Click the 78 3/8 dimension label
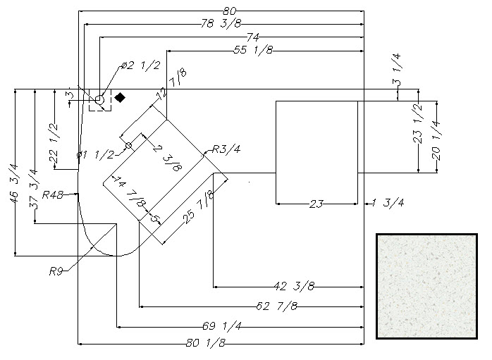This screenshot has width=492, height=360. (221, 23)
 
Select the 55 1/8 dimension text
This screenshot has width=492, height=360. (253, 50)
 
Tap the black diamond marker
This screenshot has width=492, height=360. (120, 97)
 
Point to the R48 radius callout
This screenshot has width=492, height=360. (53, 195)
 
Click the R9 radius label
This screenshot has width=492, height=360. (56, 271)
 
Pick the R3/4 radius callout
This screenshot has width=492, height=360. (226, 149)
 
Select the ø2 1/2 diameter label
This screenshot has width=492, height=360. (141, 66)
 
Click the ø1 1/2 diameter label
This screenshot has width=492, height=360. (95, 154)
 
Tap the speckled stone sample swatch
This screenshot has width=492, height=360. (426, 286)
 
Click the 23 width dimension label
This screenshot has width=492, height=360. (316, 204)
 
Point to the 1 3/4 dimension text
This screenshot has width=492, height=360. (388, 203)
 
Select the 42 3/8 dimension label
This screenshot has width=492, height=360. (294, 286)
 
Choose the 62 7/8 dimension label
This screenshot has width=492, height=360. (277, 306)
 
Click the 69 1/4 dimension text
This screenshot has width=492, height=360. (222, 326)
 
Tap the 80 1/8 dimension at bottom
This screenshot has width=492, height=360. (206, 343)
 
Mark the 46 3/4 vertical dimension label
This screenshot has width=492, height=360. (14, 184)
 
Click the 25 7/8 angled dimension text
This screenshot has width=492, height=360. (199, 208)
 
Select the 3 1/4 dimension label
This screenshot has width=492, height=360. (396, 70)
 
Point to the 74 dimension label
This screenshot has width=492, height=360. (253, 37)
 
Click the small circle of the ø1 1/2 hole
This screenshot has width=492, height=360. (129, 146)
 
